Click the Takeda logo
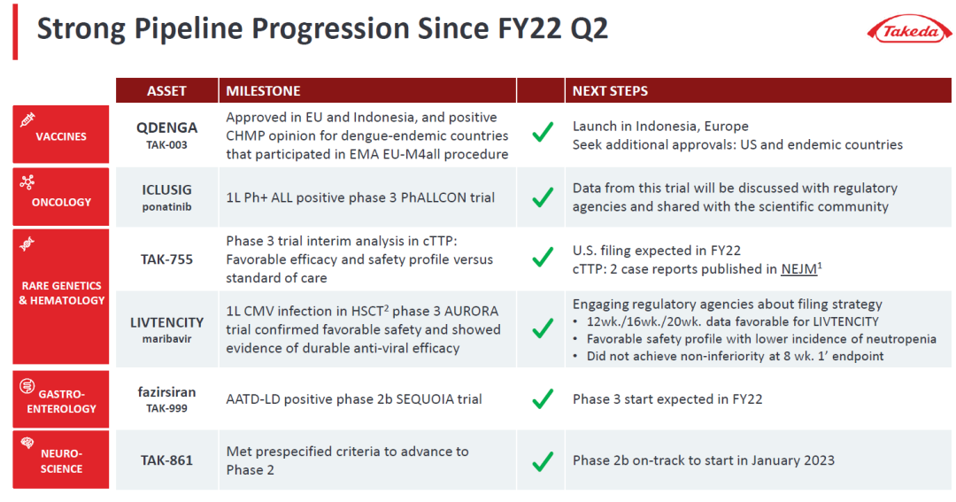tap(910, 29)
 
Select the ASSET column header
tap(166, 91)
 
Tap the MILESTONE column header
tap(264, 91)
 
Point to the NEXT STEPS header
tap(610, 91)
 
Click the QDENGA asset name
tap(166, 127)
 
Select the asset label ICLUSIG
tap(166, 189)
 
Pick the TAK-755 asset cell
tap(166, 259)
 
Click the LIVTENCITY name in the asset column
tap(166, 322)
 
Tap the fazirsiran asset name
tap(166, 391)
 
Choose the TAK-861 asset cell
tap(166, 460)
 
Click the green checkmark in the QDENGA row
tap(543, 131)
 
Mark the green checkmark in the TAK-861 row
tap(543, 461)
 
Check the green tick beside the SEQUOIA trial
tap(543, 398)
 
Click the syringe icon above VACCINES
tap(27, 120)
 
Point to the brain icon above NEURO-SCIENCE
tap(27, 443)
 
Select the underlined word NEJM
tap(798, 269)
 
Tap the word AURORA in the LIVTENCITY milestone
tap(471, 311)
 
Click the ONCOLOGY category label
tap(61, 202)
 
